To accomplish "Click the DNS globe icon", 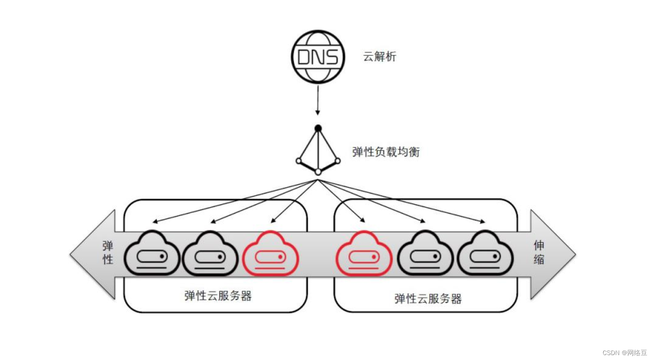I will click(x=317, y=57).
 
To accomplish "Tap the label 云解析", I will click(x=379, y=57).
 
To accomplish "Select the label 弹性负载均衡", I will click(x=386, y=152).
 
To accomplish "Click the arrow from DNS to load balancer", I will click(x=317, y=100).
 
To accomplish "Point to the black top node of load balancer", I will click(x=318, y=128).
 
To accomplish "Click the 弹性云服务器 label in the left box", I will click(x=218, y=296).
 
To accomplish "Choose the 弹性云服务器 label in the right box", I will click(x=428, y=298).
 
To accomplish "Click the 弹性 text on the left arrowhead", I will click(x=108, y=253).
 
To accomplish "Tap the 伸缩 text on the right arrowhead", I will click(x=539, y=252).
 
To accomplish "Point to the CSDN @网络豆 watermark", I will click(x=624, y=352).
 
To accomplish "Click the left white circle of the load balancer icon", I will click(x=298, y=161).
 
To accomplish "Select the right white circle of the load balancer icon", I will click(x=337, y=160).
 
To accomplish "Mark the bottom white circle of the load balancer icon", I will click(x=318, y=172).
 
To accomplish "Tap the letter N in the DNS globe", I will click(x=317, y=57).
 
